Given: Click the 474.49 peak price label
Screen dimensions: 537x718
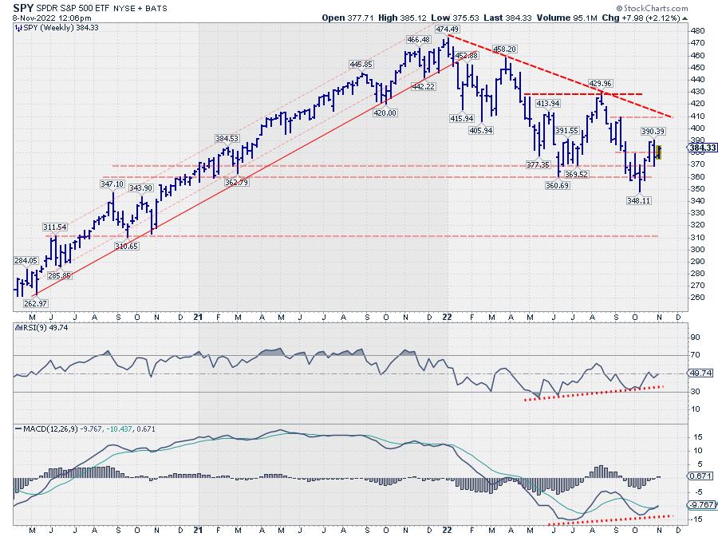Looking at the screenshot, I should tap(447, 30).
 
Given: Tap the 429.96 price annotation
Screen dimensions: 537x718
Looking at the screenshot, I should tap(600, 83).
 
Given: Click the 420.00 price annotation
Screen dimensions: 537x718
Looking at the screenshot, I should tap(385, 113).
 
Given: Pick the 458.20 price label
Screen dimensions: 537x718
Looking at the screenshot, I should tap(506, 49).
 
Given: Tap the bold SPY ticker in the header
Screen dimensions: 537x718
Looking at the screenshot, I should tap(22, 7).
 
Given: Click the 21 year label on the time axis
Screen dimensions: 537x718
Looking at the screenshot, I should tap(199, 316).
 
